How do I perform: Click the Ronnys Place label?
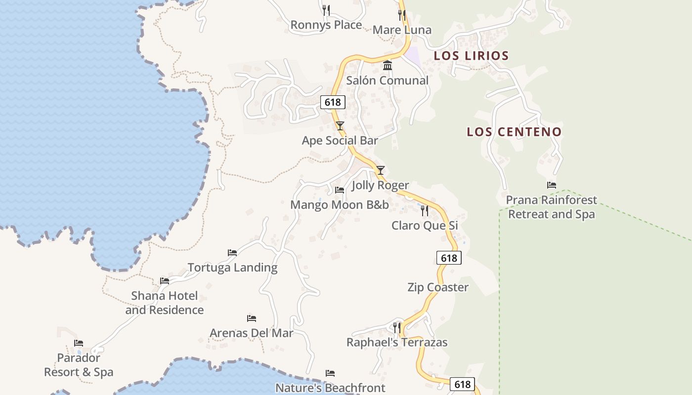[x=326, y=25]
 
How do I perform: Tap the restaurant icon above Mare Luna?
[x=401, y=15]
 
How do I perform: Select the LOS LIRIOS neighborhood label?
[x=471, y=56]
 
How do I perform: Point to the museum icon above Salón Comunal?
[x=388, y=65]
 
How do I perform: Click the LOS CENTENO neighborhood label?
[x=514, y=132]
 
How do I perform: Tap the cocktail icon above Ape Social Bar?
[x=340, y=126]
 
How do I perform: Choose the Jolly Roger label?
[x=380, y=185]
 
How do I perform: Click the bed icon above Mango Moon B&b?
[x=340, y=190]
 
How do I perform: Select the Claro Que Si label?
[x=425, y=226]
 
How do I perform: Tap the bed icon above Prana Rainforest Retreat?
[x=552, y=185]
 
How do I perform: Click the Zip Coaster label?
[x=438, y=287]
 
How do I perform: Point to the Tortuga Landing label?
[x=232, y=268]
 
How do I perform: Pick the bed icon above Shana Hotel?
[x=165, y=281]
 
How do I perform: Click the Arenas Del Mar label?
[x=251, y=333]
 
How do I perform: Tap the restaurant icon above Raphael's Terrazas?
[x=396, y=327]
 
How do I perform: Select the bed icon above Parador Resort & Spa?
[x=79, y=343]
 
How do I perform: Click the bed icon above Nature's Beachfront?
[x=330, y=373]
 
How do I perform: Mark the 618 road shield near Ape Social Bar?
[x=333, y=102]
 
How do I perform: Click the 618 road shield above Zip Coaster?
[x=449, y=258]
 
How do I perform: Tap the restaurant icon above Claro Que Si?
[x=425, y=211]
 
